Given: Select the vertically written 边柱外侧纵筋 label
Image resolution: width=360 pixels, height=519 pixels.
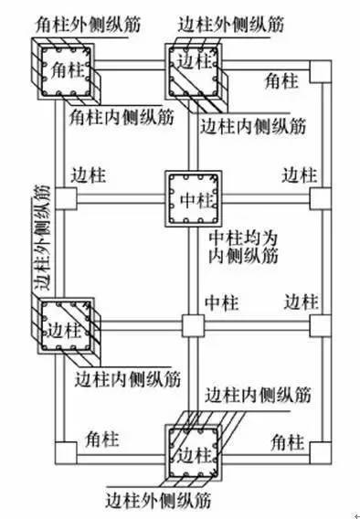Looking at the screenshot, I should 40,238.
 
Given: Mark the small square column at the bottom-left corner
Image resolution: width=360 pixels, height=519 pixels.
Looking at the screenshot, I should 65,451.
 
